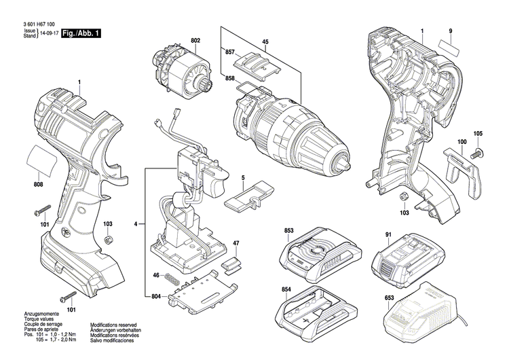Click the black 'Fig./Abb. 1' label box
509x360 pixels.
[81, 33]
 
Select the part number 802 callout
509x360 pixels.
[195, 42]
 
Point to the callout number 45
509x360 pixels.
[265, 42]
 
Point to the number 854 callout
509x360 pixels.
[288, 290]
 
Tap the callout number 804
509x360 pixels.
[157, 295]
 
